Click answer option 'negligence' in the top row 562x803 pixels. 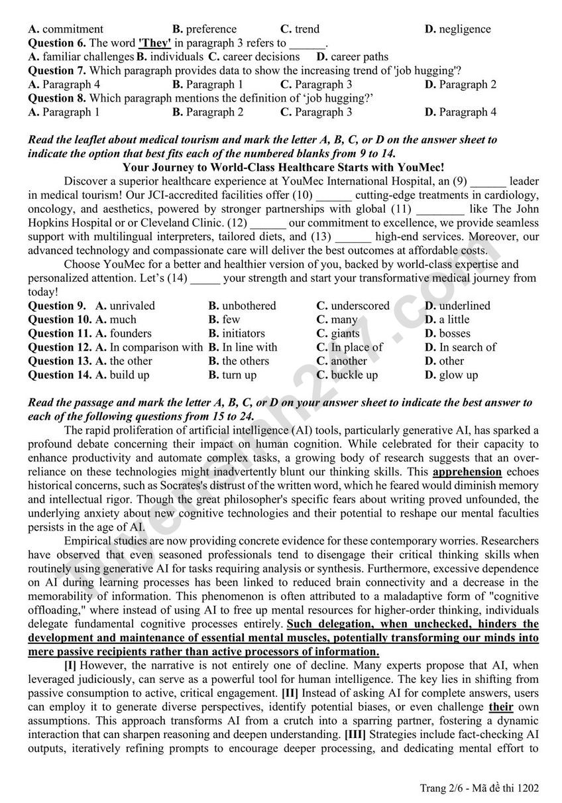[464, 29]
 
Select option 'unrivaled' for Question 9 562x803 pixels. [132, 306]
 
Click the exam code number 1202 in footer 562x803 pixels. [528, 788]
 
